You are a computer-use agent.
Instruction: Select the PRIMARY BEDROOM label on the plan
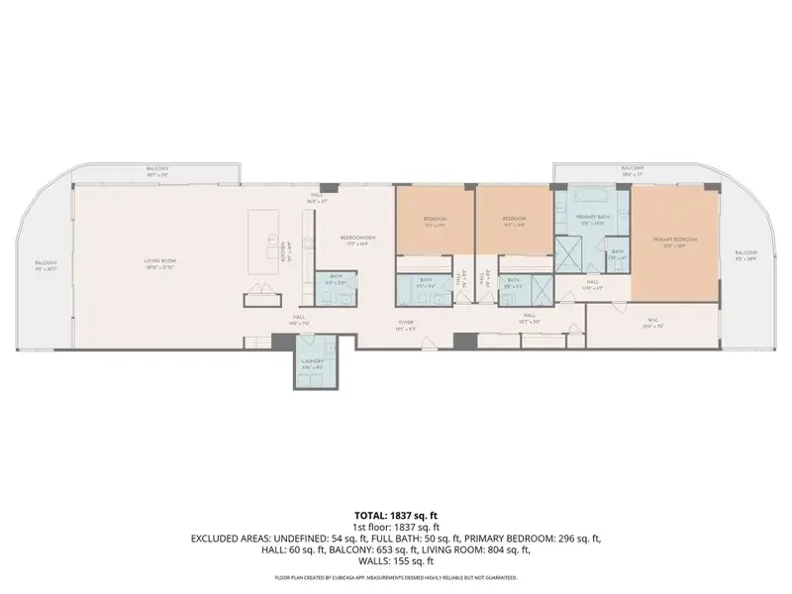(x=674, y=240)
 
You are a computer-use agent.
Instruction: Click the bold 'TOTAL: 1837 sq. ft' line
(x=395, y=516)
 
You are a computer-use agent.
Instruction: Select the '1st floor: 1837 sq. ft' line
(x=395, y=527)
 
